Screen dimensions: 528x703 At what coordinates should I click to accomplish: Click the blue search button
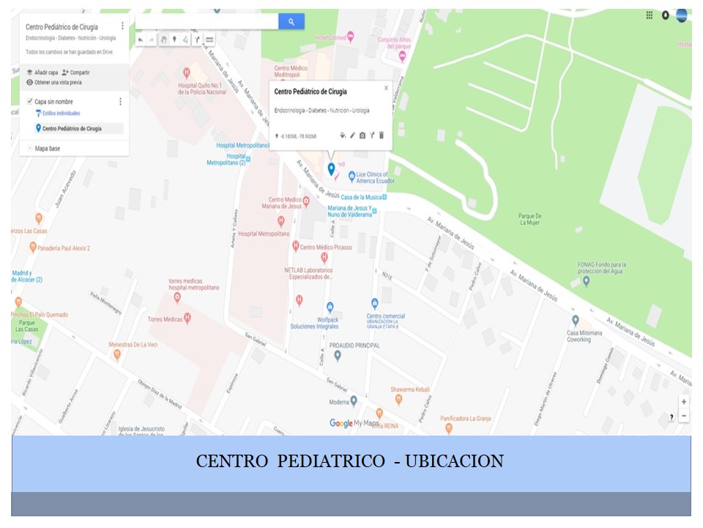coord(291,22)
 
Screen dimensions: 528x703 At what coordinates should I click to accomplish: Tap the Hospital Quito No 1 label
coord(202,88)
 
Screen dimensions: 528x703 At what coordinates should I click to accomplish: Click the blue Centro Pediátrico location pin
coord(331,169)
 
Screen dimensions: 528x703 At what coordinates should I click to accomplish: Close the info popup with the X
coord(387,88)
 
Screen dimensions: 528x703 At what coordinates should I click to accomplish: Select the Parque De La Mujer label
coord(529,219)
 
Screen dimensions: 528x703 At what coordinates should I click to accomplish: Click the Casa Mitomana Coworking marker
coord(576,320)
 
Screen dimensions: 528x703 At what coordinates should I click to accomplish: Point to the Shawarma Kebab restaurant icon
coord(398,400)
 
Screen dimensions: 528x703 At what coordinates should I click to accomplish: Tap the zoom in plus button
coord(684,402)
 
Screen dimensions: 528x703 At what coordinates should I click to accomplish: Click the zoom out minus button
coord(684,416)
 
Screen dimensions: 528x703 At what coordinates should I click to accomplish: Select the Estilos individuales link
coord(62,114)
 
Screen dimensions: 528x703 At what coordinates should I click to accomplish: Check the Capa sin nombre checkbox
coord(29,101)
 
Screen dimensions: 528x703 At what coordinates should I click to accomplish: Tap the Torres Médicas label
coord(165,319)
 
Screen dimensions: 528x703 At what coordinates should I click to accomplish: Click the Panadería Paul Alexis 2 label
coord(65,249)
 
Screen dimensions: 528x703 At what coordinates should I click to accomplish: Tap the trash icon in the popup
coord(382,136)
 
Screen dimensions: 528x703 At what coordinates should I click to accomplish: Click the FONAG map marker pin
coord(585,280)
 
